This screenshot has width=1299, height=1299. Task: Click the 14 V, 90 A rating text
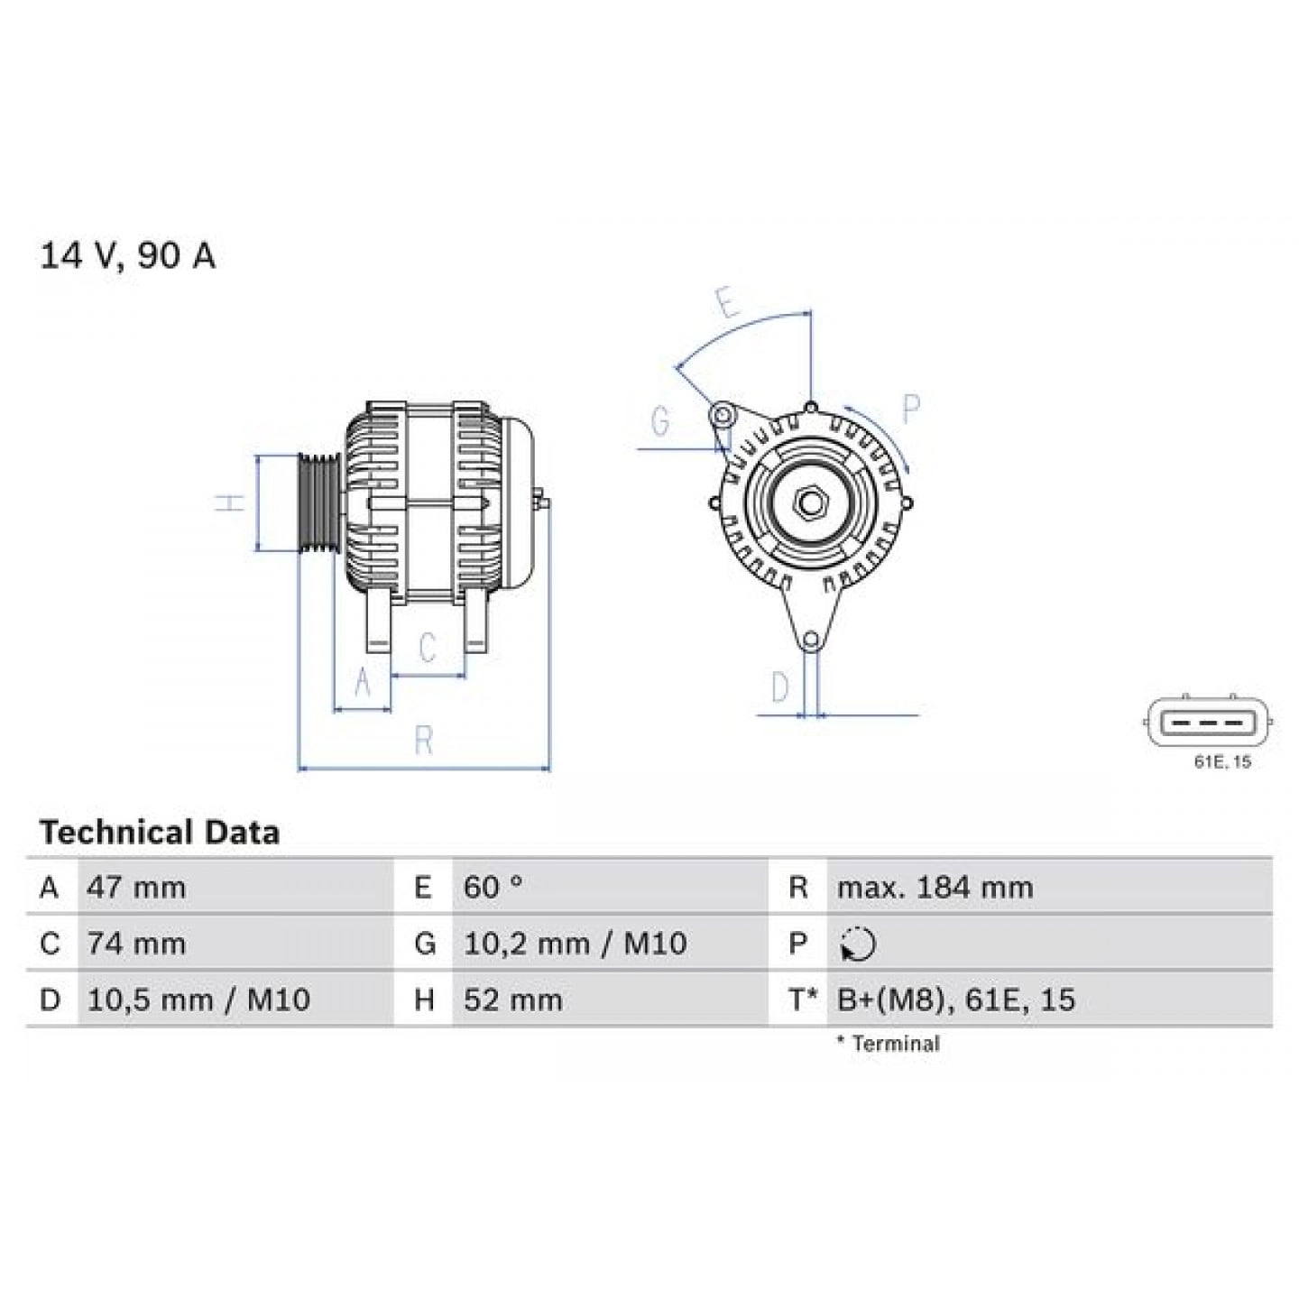click(127, 257)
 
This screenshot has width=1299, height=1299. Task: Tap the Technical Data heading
click(159, 832)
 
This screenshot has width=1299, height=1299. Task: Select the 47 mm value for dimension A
click(136, 888)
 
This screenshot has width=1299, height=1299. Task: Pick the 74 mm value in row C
click(136, 944)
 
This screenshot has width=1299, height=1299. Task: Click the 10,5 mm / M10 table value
click(198, 1000)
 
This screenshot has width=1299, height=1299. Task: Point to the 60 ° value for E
click(493, 888)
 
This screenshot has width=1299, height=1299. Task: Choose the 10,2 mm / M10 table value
click(575, 944)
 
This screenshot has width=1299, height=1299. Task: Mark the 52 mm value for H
click(512, 1000)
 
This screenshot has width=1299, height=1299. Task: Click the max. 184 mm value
click(935, 888)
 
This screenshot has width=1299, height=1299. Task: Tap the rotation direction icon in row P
click(857, 944)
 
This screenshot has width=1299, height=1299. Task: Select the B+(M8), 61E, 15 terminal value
click(956, 1000)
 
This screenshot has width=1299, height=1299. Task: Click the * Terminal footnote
click(888, 1044)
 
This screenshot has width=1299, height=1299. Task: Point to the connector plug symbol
click(1209, 722)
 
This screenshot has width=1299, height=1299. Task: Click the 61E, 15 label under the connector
click(1222, 762)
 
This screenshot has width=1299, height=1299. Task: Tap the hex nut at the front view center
click(810, 502)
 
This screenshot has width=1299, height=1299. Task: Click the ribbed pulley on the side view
click(318, 502)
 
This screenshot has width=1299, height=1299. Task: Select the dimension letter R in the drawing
click(424, 741)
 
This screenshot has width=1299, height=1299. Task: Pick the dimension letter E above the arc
click(727, 303)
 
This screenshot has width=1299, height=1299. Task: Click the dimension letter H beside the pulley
click(233, 502)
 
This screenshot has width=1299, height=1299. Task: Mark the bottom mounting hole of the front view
click(811, 640)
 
